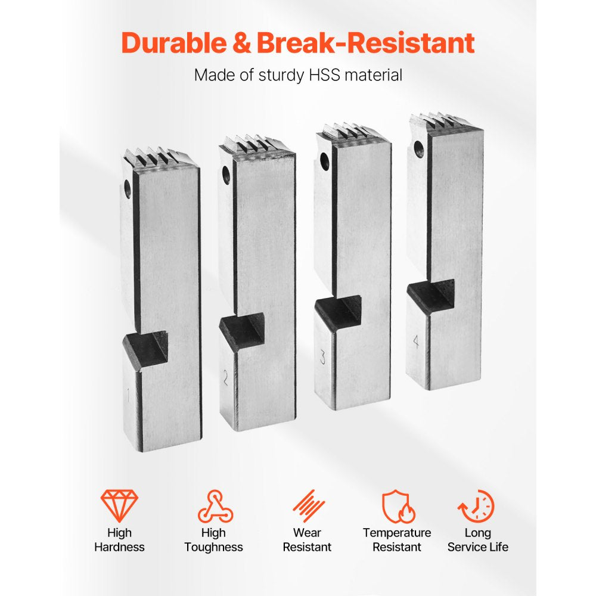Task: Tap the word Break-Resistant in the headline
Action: tap(366, 42)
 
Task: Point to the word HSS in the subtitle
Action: tap(324, 75)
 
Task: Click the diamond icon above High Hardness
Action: tap(119, 505)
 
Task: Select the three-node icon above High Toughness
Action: tap(215, 506)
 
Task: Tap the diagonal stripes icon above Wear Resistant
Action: tap(309, 505)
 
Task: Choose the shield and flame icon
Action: tap(398, 506)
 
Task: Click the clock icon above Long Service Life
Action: tap(477, 506)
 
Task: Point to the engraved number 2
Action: tap(225, 378)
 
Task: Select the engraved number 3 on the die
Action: tap(322, 357)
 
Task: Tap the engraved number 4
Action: tap(416, 342)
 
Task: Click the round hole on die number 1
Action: tap(128, 188)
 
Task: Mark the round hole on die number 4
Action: tap(418, 149)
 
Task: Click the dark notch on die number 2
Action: tap(242, 328)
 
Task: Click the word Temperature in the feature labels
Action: tap(397, 533)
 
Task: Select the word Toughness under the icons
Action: tap(213, 547)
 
